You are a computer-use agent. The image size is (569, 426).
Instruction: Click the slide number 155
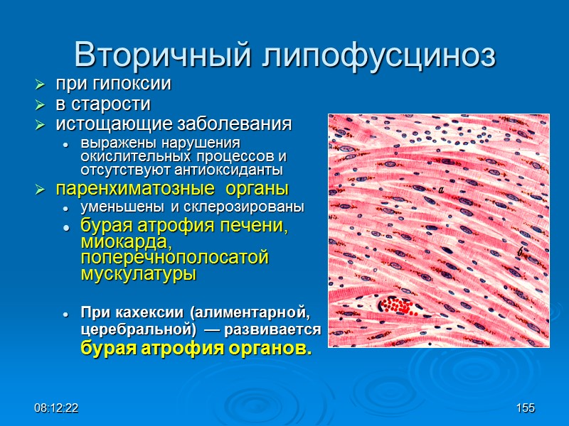point(526,408)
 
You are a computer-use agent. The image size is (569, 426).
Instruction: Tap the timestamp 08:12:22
point(57,408)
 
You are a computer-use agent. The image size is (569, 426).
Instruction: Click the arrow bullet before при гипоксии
point(40,84)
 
